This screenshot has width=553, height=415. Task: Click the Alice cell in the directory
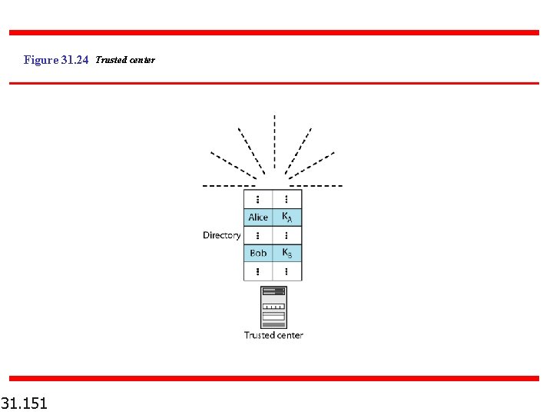[x=258, y=217]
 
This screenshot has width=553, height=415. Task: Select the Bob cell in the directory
[x=258, y=253]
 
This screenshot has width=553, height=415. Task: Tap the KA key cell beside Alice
[x=286, y=217]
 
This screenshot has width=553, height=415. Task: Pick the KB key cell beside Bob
[x=286, y=253]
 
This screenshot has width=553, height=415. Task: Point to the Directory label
[x=221, y=235]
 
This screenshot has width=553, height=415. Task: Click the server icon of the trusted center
[x=273, y=307]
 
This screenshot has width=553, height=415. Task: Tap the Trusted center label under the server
[x=273, y=335]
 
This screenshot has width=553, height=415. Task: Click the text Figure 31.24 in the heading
[x=56, y=60]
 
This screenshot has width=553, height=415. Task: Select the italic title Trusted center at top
[x=125, y=60]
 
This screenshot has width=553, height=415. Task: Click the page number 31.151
[x=24, y=403]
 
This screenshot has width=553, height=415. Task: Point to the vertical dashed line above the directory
[x=274, y=142]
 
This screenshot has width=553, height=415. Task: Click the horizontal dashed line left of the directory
[x=228, y=186]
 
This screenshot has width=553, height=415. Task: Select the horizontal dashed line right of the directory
[x=316, y=186]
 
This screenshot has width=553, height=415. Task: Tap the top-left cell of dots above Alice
[x=258, y=198]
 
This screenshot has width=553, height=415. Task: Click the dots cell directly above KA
[x=286, y=198]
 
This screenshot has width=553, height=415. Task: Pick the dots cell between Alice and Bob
[x=258, y=235]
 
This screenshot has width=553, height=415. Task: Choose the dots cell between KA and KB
[x=286, y=235]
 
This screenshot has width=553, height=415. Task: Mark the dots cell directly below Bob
[x=258, y=271]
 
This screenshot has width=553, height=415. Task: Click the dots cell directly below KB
[x=286, y=271]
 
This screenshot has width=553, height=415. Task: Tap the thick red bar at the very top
[x=274, y=32]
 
